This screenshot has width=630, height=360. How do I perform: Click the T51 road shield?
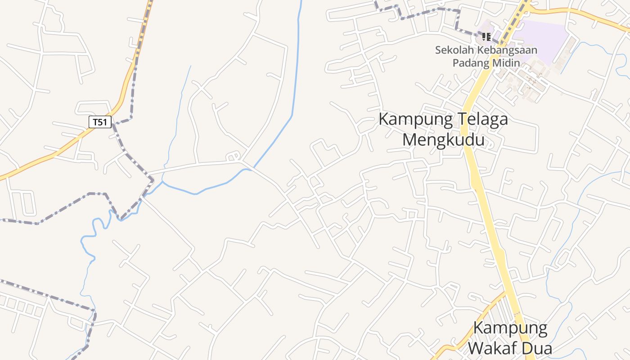click(100, 122)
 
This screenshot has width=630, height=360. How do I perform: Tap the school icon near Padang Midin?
click(486, 36)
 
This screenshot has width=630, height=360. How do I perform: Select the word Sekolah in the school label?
click(451, 50)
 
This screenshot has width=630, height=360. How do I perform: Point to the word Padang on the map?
click(470, 63)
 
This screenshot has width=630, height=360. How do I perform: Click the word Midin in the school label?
click(506, 63)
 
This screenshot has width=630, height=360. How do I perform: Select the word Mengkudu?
click(443, 139)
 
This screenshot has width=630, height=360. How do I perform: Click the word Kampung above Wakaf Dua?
click(510, 328)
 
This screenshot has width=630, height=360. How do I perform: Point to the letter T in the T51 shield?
click(95, 122)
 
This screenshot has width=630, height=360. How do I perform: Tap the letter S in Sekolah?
click(438, 50)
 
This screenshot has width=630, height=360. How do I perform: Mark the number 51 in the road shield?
click(103, 122)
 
